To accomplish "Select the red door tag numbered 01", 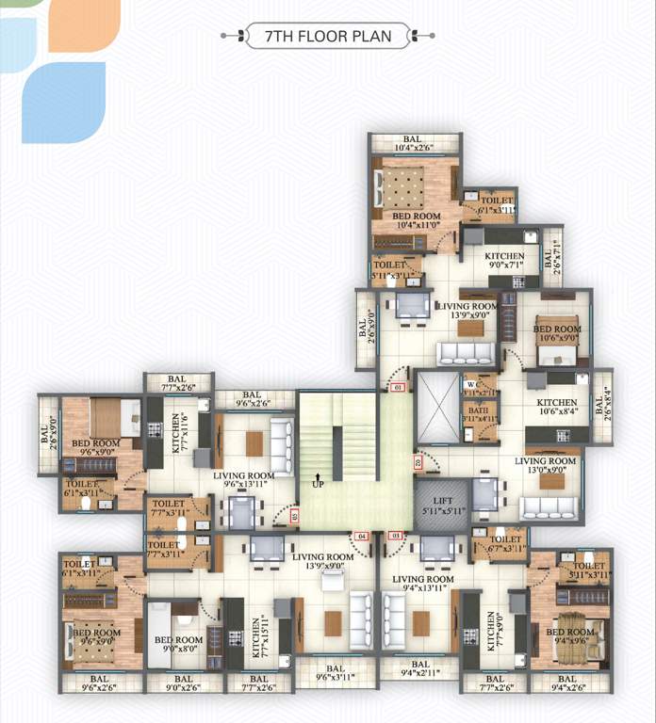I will (x=398, y=386).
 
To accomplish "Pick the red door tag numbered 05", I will (x=417, y=462).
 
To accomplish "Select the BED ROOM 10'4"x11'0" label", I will (x=416, y=221).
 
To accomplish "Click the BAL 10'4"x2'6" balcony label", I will (x=413, y=142).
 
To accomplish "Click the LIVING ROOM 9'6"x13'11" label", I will (x=243, y=481).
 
